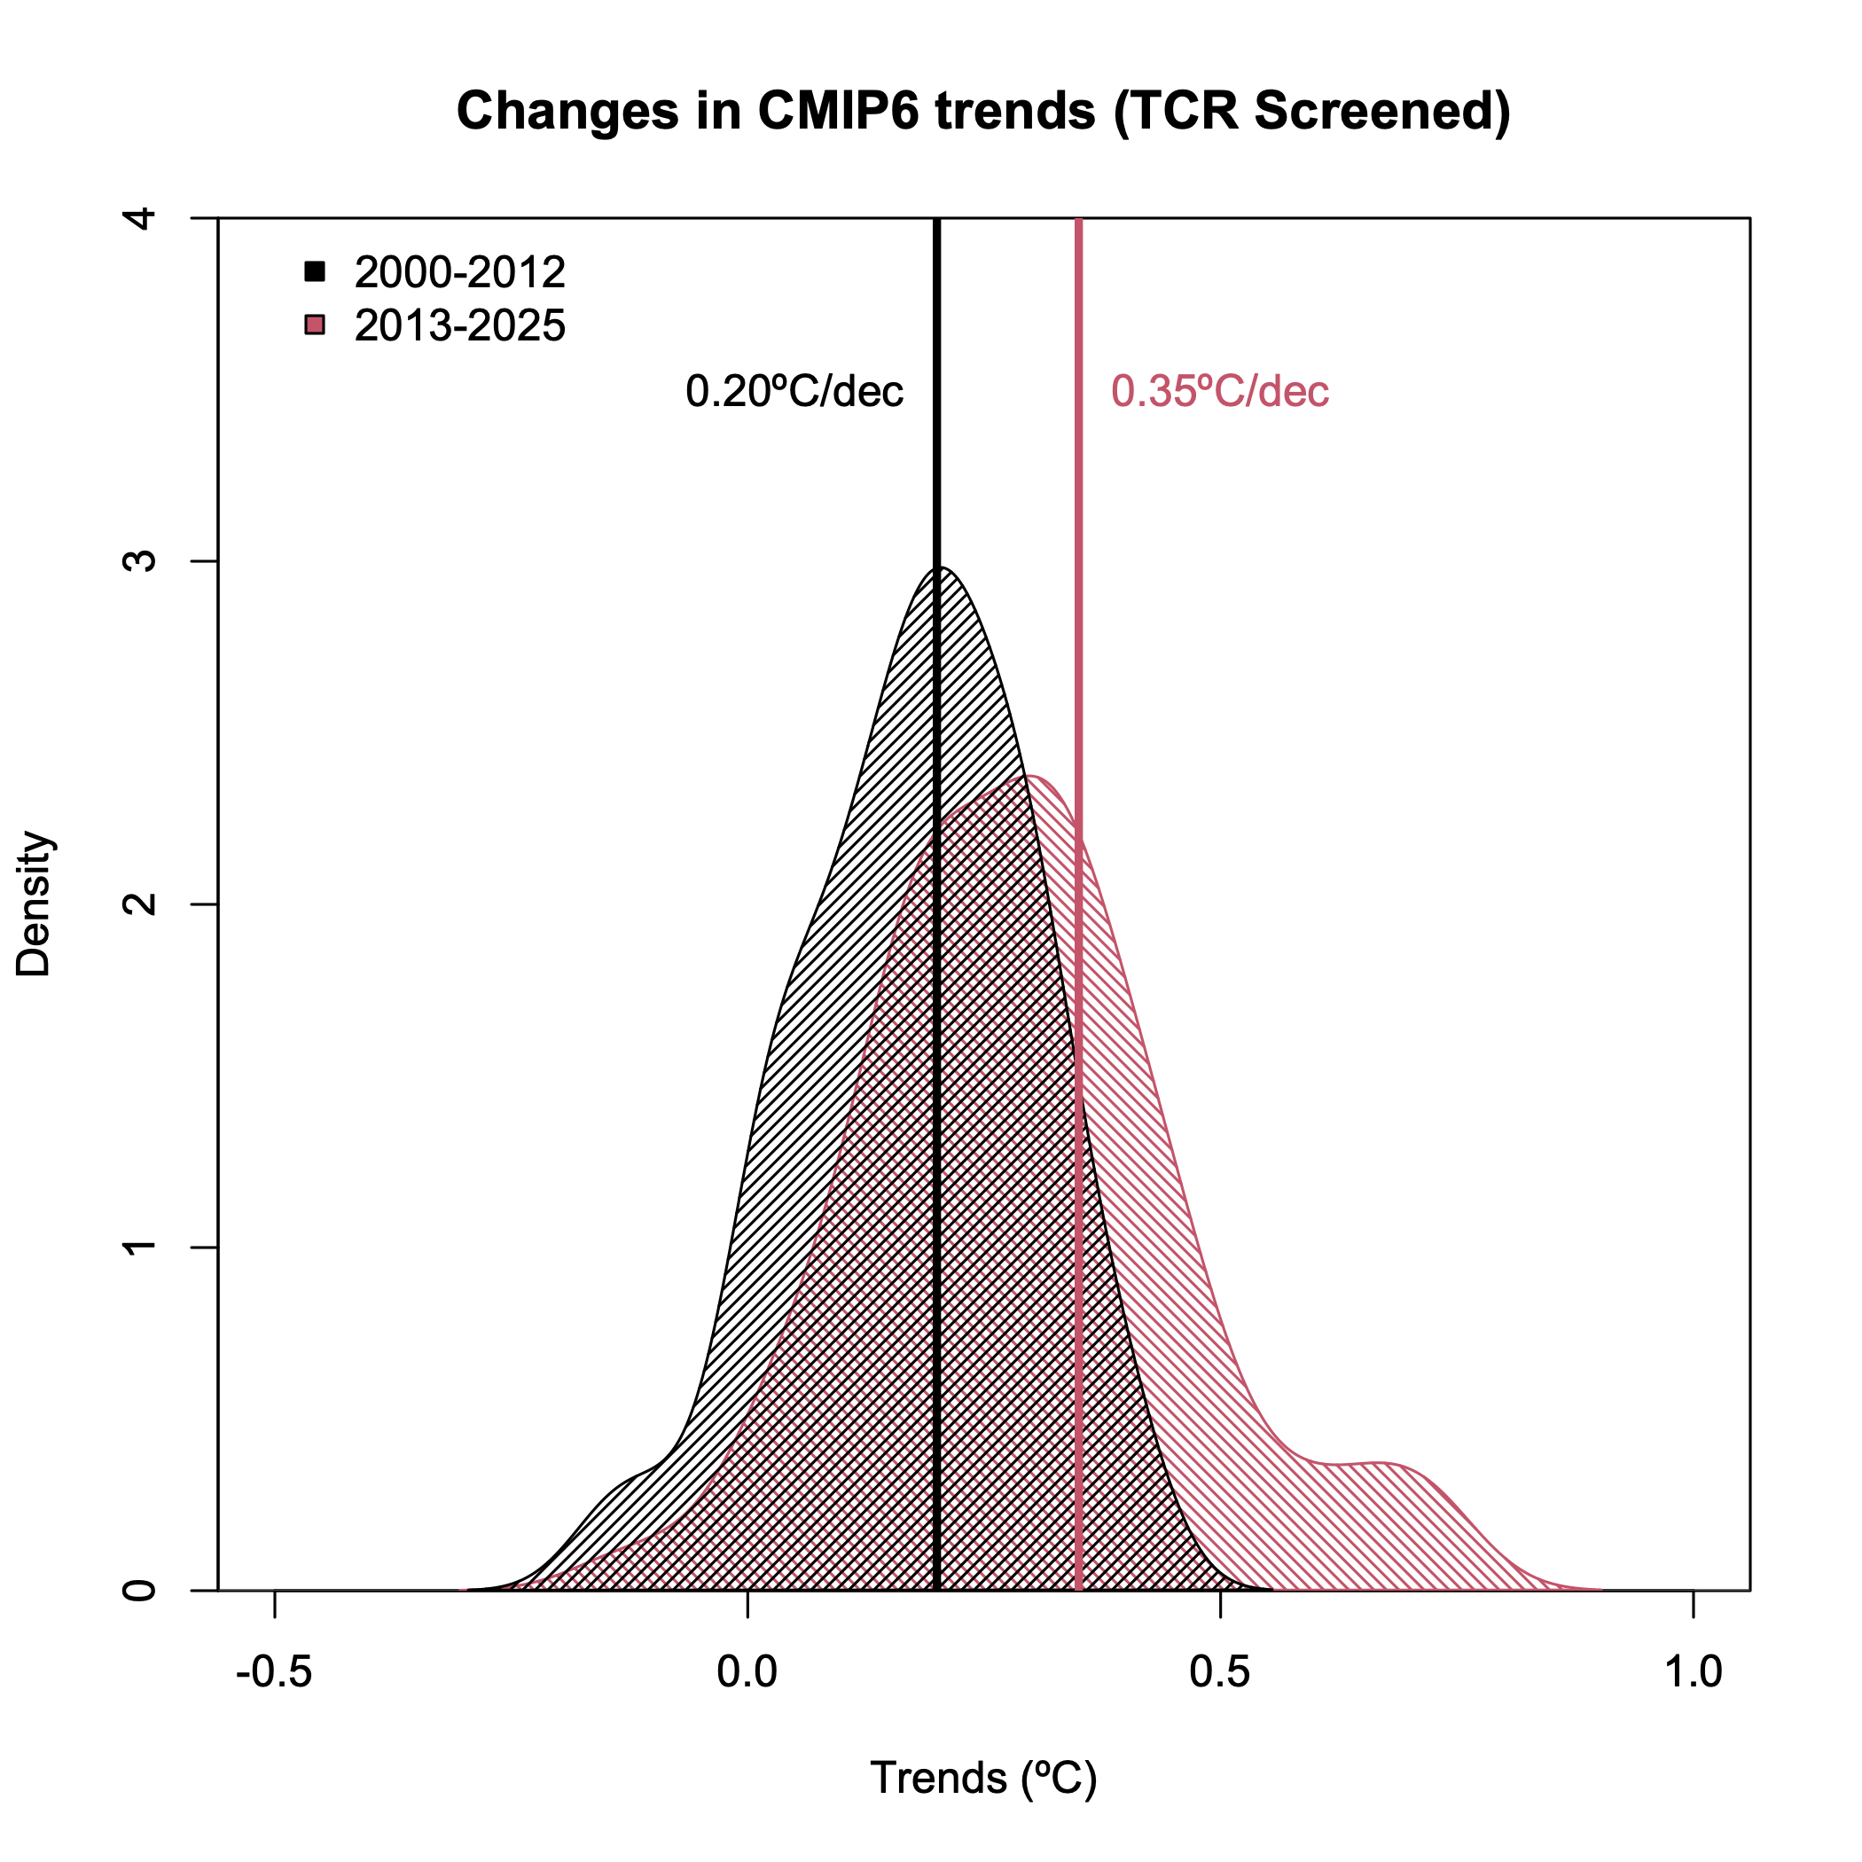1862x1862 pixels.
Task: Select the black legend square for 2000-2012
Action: [x=314, y=272]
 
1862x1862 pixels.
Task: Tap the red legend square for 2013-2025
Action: [x=314, y=325]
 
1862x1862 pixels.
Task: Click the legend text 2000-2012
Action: [x=459, y=273]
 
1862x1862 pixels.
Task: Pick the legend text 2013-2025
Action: [x=459, y=325]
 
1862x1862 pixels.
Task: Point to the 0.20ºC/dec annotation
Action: [x=794, y=391]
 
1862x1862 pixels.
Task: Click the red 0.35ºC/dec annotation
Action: [x=1220, y=391]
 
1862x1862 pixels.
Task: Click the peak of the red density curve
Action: [x=1031, y=776]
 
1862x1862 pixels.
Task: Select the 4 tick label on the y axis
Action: [x=141, y=218]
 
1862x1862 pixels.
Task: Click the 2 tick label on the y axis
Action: [x=141, y=904]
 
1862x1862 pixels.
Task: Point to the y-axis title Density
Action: [x=35, y=904]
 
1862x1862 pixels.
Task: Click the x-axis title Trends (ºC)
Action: [x=983, y=1778]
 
